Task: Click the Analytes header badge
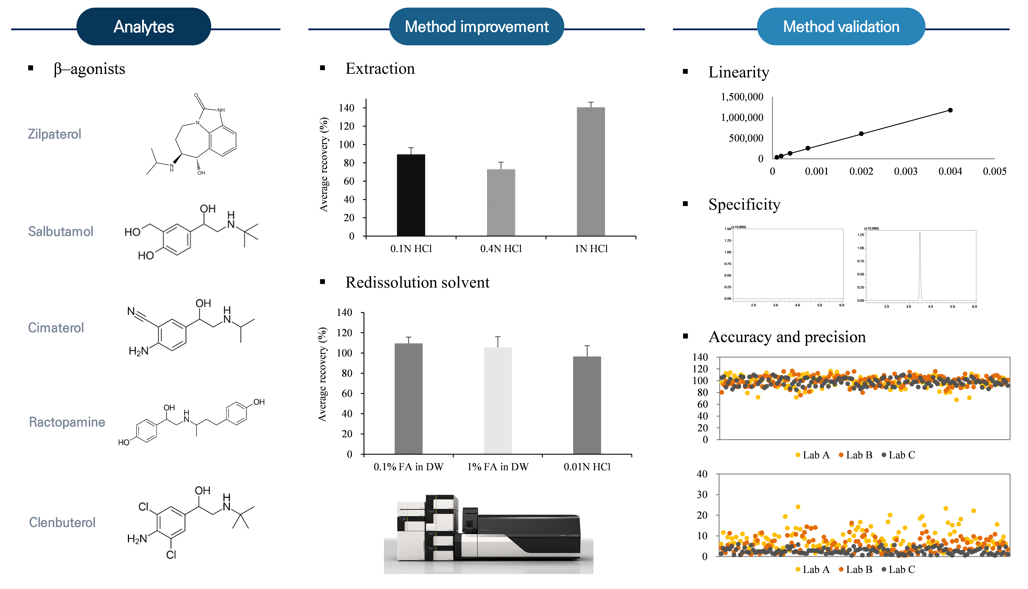(x=144, y=27)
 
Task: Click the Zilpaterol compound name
(x=55, y=134)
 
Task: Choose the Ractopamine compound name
(x=67, y=422)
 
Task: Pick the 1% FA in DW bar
(x=498, y=400)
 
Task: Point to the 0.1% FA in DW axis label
(x=408, y=467)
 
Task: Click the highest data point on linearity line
(x=950, y=110)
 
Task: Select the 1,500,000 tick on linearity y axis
(x=742, y=97)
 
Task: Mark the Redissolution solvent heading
(x=417, y=282)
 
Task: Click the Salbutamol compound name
(x=61, y=231)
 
